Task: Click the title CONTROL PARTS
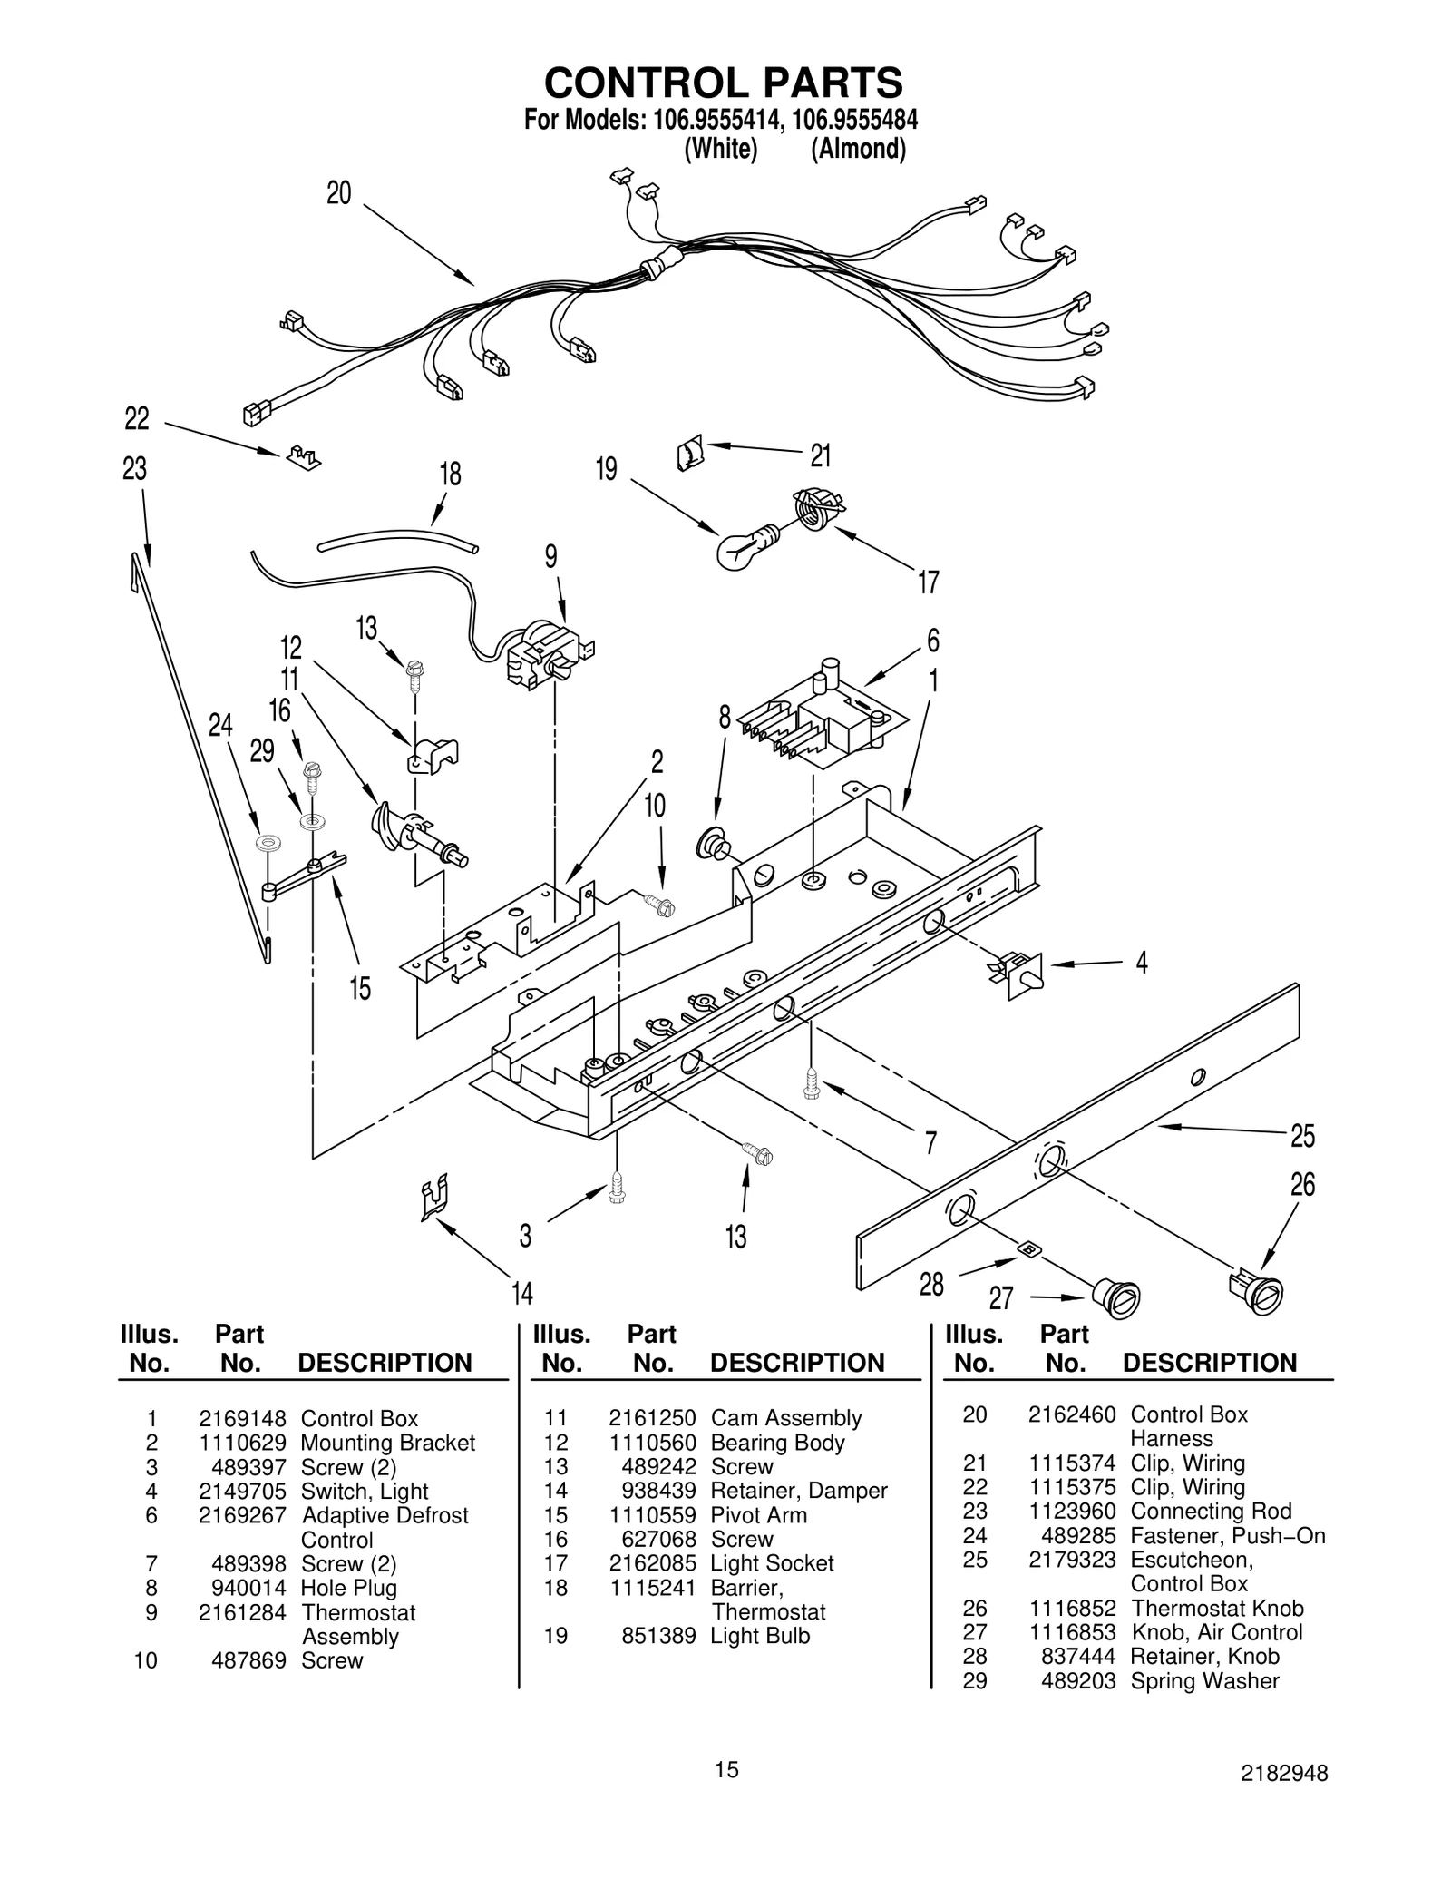click(x=723, y=83)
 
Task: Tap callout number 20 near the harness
click(x=338, y=193)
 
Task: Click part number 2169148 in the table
click(x=242, y=1419)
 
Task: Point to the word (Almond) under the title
click(x=858, y=149)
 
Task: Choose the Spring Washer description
click(x=1204, y=1681)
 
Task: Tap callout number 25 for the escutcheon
click(x=1302, y=1136)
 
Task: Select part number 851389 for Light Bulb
click(x=658, y=1636)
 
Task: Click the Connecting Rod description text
click(x=1211, y=1512)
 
